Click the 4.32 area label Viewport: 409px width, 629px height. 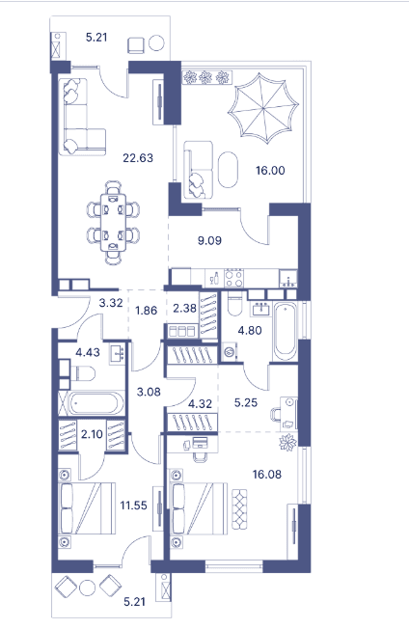pyautogui.click(x=200, y=403)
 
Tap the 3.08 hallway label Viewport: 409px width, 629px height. pyautogui.click(x=148, y=392)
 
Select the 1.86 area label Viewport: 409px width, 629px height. pyautogui.click(x=147, y=312)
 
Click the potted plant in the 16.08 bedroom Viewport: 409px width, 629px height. pyautogui.click(x=287, y=443)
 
